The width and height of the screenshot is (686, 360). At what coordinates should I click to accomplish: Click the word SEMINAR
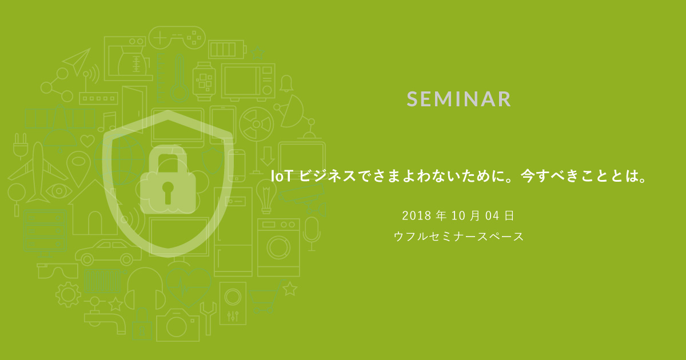tap(458, 99)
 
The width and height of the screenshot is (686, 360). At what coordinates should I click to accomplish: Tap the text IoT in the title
tap(281, 176)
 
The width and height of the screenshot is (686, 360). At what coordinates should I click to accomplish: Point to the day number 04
tap(492, 215)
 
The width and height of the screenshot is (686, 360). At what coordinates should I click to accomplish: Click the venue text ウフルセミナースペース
tap(458, 237)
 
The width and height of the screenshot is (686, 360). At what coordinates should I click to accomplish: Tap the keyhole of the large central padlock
tap(167, 192)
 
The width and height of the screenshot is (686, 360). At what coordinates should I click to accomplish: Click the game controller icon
tap(177, 37)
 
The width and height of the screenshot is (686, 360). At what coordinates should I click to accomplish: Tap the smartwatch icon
tap(204, 81)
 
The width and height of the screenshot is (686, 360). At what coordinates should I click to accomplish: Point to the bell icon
tap(286, 83)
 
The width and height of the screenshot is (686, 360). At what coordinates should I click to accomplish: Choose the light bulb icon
tap(266, 196)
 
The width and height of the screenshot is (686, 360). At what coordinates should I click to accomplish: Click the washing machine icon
tap(278, 247)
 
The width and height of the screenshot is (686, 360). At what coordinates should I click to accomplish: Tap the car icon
tap(108, 252)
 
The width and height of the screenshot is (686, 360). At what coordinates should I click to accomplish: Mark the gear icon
tap(68, 294)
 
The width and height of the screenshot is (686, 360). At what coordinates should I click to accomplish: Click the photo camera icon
tap(178, 325)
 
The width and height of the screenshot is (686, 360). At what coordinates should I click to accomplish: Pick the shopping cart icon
tap(264, 298)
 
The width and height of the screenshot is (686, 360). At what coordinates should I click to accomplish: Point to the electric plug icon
tap(21, 146)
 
